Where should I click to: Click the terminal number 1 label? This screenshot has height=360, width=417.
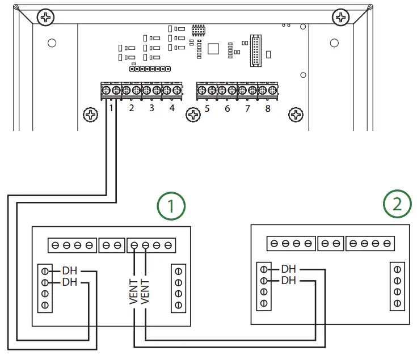(112, 108)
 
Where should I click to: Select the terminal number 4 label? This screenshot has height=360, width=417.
(172, 108)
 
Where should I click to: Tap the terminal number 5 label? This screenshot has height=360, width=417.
(207, 108)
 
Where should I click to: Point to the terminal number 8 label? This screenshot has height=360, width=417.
(268, 108)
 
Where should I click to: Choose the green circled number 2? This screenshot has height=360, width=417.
(398, 203)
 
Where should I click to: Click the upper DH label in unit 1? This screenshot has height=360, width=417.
(70, 270)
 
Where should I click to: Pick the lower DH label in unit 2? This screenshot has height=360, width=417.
(289, 280)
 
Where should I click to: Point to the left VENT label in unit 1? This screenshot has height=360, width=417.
(134, 291)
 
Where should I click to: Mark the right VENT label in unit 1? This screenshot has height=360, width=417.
(145, 291)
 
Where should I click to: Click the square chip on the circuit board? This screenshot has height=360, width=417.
(213, 48)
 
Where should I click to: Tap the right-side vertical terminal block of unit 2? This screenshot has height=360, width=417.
(397, 286)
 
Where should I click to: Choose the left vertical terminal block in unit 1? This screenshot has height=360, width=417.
(45, 287)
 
